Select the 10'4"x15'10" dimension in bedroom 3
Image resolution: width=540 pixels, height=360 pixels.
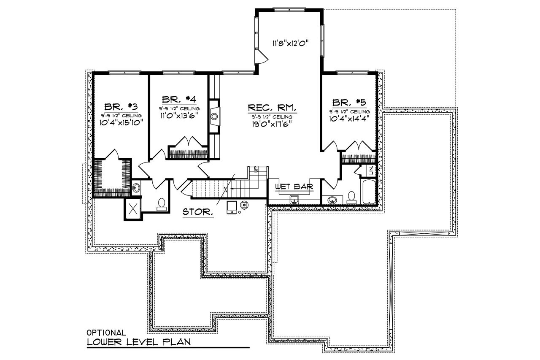coord(121,123)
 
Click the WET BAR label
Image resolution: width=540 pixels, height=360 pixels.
coord(294,187)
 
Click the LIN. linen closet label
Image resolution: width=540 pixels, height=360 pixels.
coord(371,171)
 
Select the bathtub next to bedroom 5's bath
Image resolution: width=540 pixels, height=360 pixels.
coord(367,192)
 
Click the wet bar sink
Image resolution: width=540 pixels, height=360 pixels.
coord(294,199)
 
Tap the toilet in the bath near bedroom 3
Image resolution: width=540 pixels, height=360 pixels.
coord(161,204)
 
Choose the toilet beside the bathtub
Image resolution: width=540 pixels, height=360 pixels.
coord(351,198)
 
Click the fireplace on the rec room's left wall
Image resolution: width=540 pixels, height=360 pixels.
coord(214,116)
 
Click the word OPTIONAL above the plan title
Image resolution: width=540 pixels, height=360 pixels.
coord(106,333)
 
